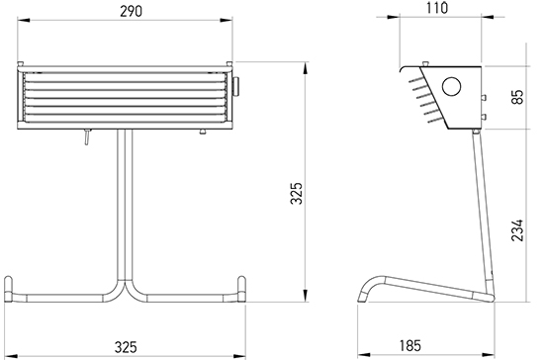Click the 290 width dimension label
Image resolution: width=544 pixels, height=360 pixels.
click(x=131, y=12)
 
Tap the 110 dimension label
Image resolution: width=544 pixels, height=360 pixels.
click(x=437, y=8)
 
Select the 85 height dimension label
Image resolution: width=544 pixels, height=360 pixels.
click(x=517, y=97)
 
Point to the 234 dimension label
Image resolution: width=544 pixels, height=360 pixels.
click(x=517, y=229)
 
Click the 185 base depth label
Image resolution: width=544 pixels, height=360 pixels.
click(x=410, y=345)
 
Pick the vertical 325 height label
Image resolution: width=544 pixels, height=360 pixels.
click(x=297, y=193)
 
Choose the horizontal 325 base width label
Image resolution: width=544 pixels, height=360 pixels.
click(x=126, y=347)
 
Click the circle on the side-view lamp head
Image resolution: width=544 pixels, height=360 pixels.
click(x=451, y=86)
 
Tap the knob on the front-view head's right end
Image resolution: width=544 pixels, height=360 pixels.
click(x=236, y=86)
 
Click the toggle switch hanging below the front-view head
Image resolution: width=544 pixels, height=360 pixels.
click(x=87, y=136)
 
